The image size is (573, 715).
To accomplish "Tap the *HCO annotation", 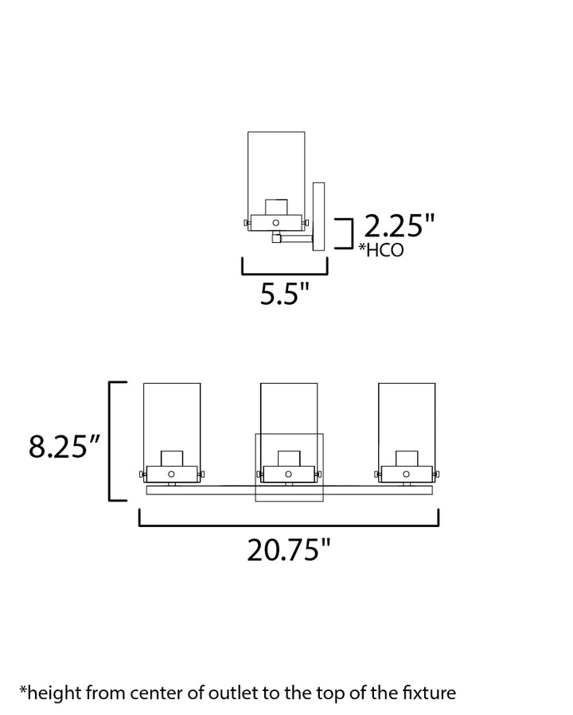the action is [381, 250].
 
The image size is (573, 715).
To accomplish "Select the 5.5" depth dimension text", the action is [285, 293].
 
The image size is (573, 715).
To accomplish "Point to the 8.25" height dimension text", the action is [64, 447].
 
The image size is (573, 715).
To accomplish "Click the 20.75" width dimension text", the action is [289, 549].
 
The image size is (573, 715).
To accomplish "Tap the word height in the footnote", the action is [54, 694].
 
